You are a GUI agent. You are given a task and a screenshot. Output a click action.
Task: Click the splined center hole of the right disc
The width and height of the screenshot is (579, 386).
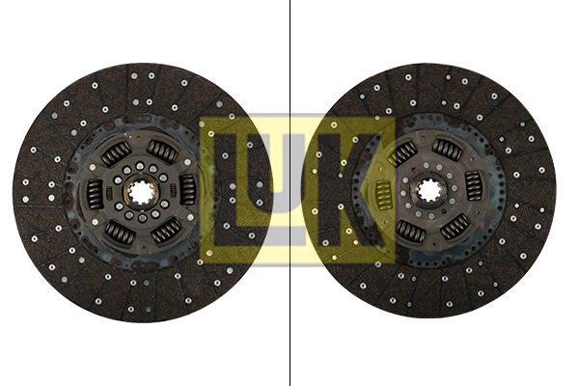coord(429,190)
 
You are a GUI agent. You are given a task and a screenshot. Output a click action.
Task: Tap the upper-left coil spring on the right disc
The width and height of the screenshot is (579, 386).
coord(402,152)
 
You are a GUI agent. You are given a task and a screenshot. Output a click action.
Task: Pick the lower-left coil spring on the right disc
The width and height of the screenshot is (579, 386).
coord(407,230)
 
